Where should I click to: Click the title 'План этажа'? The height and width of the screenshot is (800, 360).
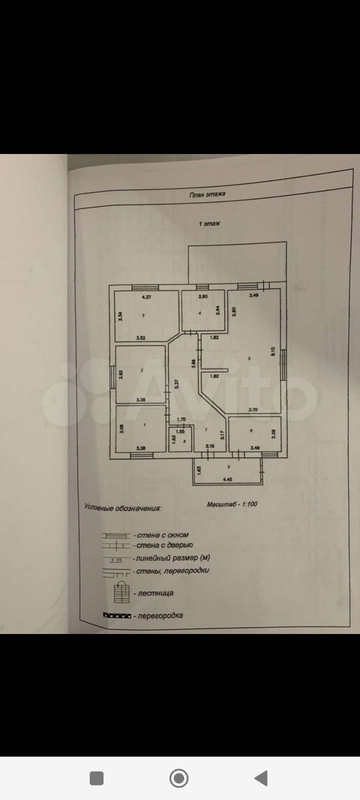pos(207,195)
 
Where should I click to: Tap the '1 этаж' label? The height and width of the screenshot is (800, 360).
pos(209,223)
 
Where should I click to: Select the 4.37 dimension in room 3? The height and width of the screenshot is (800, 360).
pos(146,297)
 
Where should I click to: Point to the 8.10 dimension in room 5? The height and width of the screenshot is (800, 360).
pos(273,351)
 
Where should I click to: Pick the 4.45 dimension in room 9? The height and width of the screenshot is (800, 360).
pos(227,479)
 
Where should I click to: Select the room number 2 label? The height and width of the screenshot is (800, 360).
pos(142,370)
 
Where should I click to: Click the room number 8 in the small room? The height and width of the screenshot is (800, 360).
pos(184,441)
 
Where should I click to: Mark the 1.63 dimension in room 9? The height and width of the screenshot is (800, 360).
pos(199,470)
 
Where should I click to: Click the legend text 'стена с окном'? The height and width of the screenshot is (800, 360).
pos(161,535)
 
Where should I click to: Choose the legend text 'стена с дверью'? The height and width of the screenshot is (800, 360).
pos(163,545)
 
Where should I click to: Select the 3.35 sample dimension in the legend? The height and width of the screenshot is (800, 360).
pos(115,560)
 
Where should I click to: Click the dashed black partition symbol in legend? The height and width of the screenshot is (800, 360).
pos(116,615)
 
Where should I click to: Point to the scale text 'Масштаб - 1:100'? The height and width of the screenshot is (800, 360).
pos(232,504)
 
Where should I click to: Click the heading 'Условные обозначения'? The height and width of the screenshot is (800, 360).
pos(122,508)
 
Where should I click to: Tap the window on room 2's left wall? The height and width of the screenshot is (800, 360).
pos(112,374)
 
